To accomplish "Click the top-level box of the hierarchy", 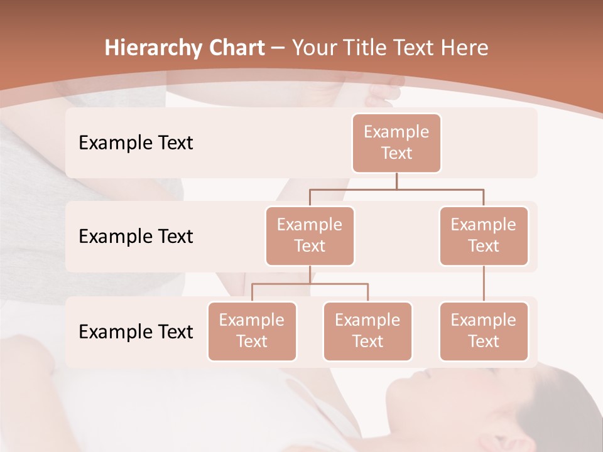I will pyautogui.click(x=396, y=143).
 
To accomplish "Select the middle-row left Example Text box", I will pyautogui.click(x=310, y=235).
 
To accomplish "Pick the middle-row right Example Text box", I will pyautogui.click(x=484, y=235).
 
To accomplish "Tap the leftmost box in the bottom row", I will pyautogui.click(x=252, y=331).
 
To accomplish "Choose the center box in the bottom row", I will pyautogui.click(x=367, y=331).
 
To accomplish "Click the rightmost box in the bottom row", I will pyautogui.click(x=484, y=331).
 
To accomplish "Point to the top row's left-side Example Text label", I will pyautogui.click(x=136, y=143).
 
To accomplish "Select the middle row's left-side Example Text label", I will pyautogui.click(x=136, y=237).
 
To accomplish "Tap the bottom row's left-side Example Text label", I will pyautogui.click(x=136, y=331).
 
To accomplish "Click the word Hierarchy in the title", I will pyautogui.click(x=152, y=48).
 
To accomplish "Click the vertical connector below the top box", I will pyautogui.click(x=396, y=181).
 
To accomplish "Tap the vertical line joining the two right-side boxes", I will pyautogui.click(x=484, y=284).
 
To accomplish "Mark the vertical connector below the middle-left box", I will pyautogui.click(x=310, y=274).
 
